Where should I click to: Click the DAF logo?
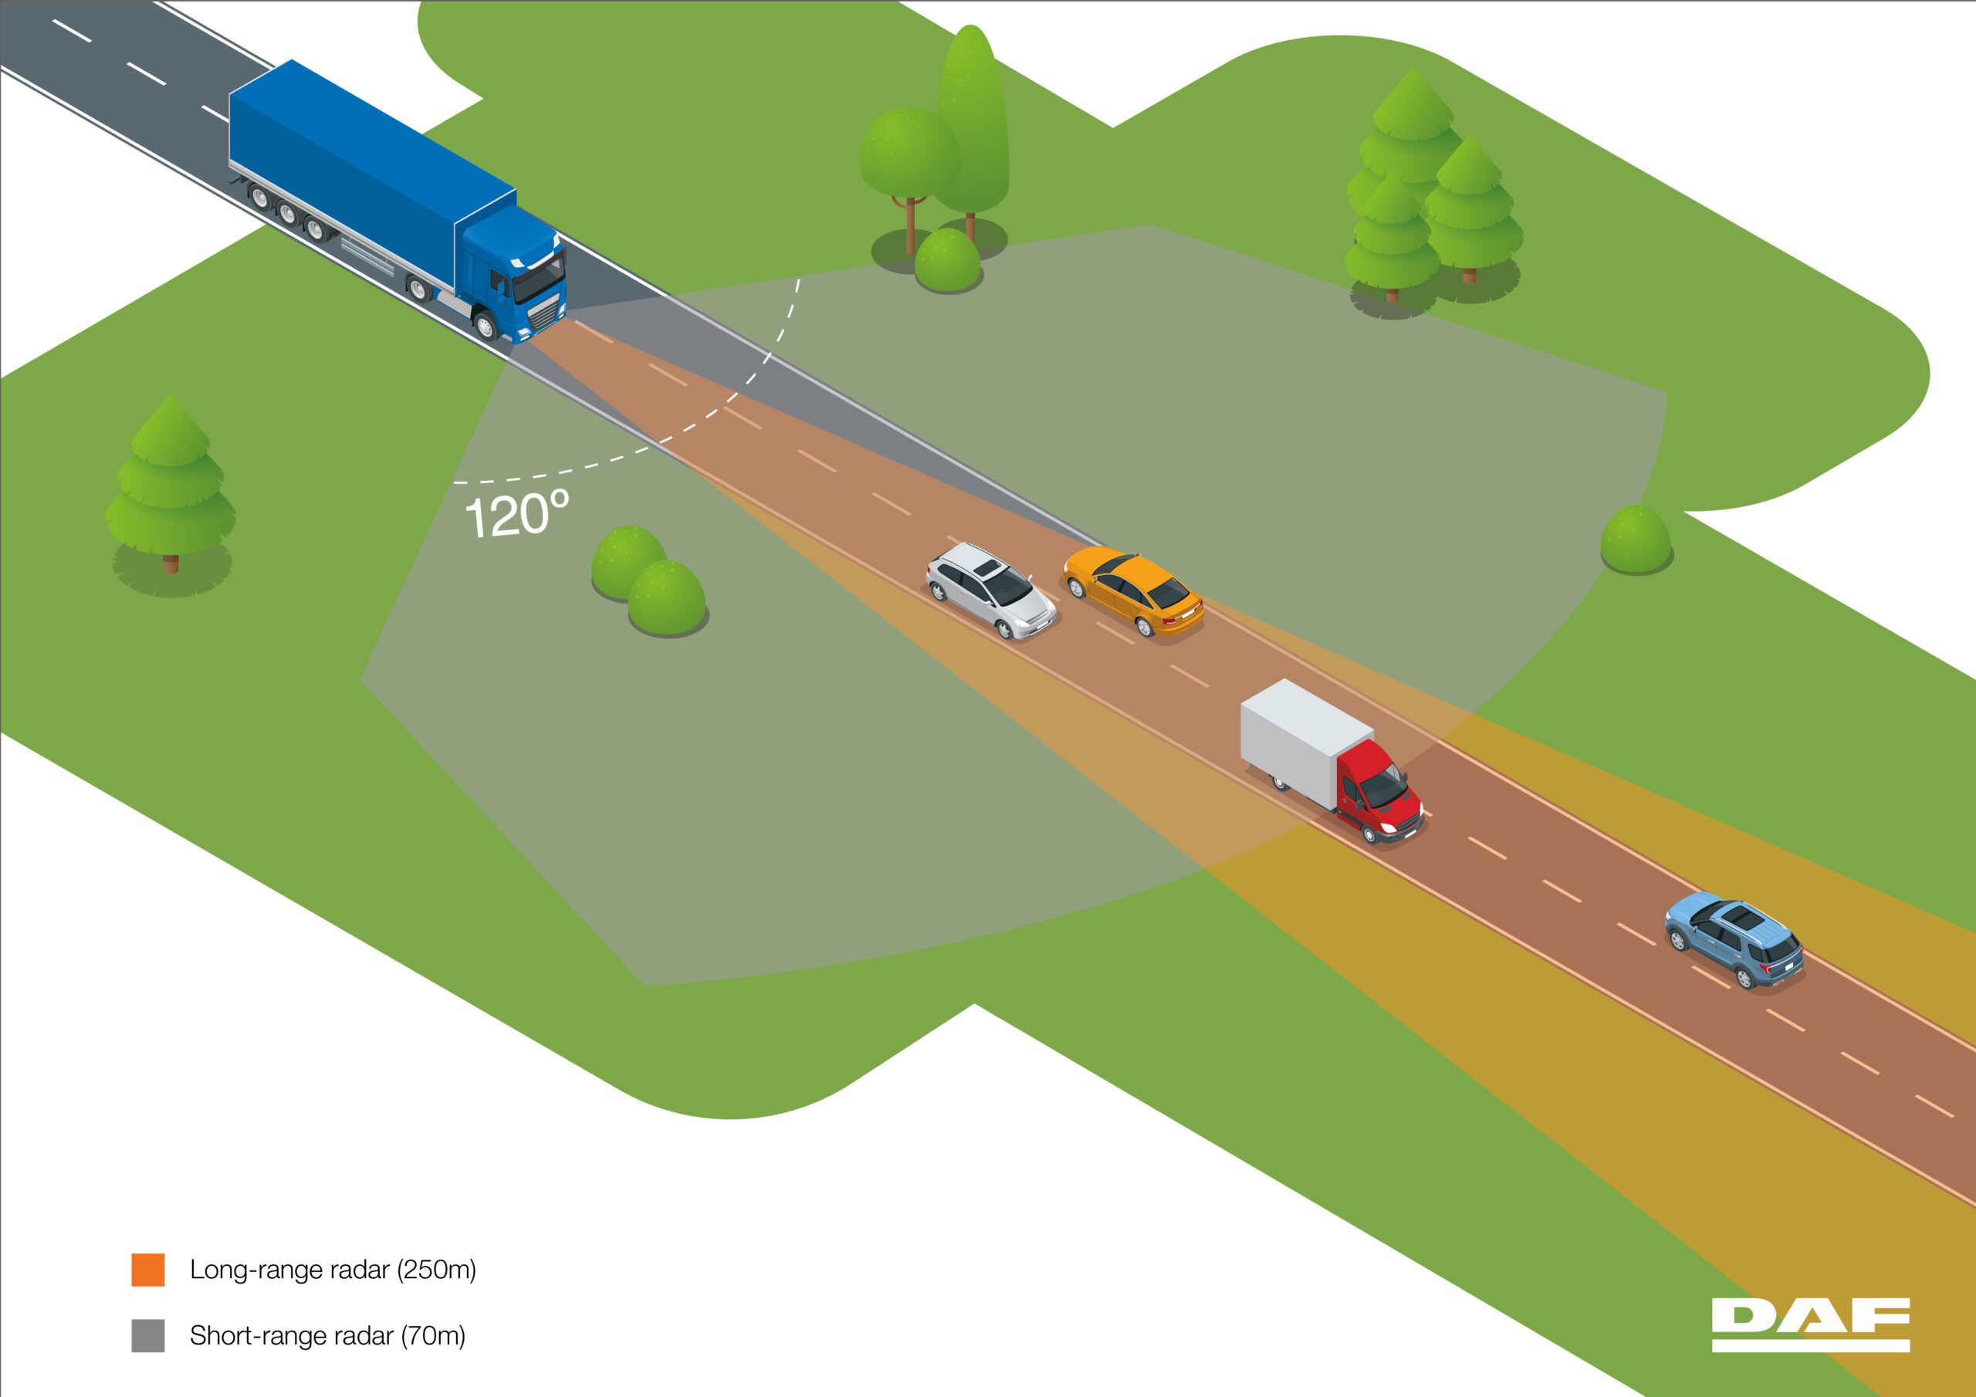[1810, 1323]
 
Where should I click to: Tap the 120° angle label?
[516, 515]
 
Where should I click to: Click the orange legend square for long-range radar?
[148, 1270]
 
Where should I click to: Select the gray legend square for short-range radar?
[148, 1335]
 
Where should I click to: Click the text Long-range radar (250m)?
[332, 1270]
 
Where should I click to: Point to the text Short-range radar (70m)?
[327, 1335]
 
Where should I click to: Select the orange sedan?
[1132, 590]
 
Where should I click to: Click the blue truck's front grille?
[544, 315]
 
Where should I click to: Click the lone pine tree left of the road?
[171, 491]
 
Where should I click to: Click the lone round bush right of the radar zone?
[1635, 540]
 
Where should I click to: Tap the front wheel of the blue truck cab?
[485, 326]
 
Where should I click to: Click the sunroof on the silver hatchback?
[988, 568]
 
